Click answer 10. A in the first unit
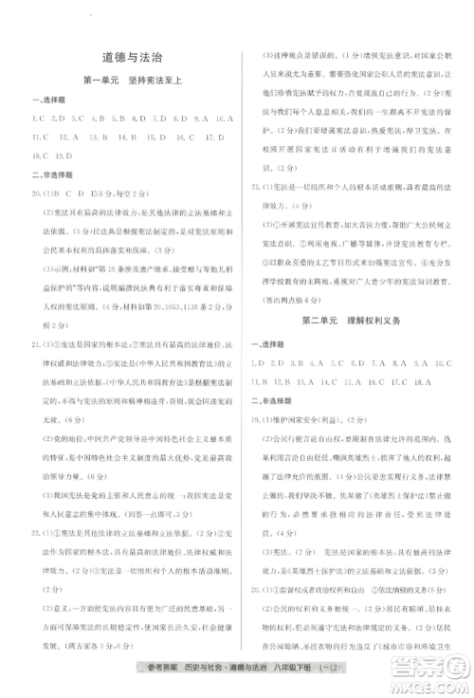pos(224,119)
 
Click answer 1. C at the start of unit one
pos(39,119)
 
